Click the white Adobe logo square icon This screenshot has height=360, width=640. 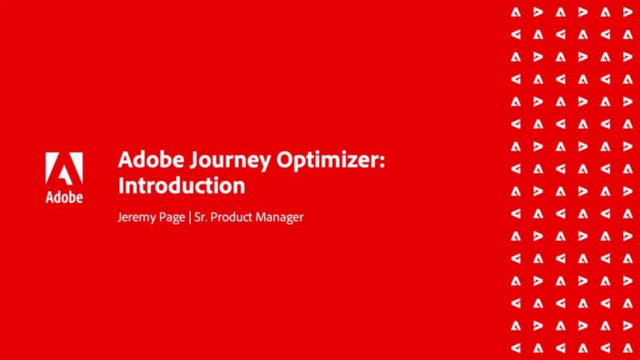[64, 169]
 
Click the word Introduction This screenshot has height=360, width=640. [181, 185]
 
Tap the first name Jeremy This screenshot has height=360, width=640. [136, 217]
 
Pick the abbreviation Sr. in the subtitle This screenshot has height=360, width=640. [198, 217]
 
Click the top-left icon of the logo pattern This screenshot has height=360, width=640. [515, 12]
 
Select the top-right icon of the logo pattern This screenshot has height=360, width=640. [627, 12]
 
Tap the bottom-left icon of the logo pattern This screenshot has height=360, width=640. [515, 348]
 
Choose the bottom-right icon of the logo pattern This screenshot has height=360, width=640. [627, 348]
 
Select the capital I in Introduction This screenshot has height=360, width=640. [121, 185]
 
